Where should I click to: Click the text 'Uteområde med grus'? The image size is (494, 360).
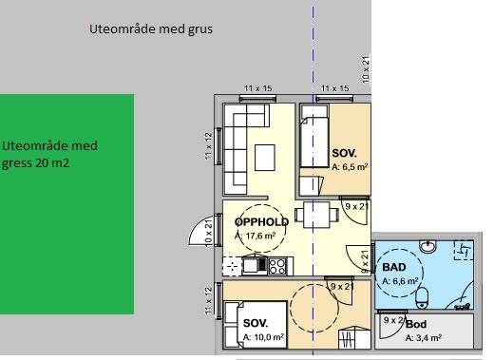150,29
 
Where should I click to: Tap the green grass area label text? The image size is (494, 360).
50,154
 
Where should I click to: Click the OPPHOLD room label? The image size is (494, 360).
262,221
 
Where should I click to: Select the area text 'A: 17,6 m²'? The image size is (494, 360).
256,235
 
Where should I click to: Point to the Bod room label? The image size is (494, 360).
416,324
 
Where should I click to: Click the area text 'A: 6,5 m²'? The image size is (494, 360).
350,166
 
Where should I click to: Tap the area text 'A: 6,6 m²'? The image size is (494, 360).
400,282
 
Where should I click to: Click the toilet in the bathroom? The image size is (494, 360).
421,295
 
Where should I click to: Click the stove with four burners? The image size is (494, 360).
277,266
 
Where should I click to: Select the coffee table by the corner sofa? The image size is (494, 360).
266,156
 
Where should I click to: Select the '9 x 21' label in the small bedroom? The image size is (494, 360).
356,206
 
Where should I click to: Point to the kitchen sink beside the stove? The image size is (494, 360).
252,266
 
